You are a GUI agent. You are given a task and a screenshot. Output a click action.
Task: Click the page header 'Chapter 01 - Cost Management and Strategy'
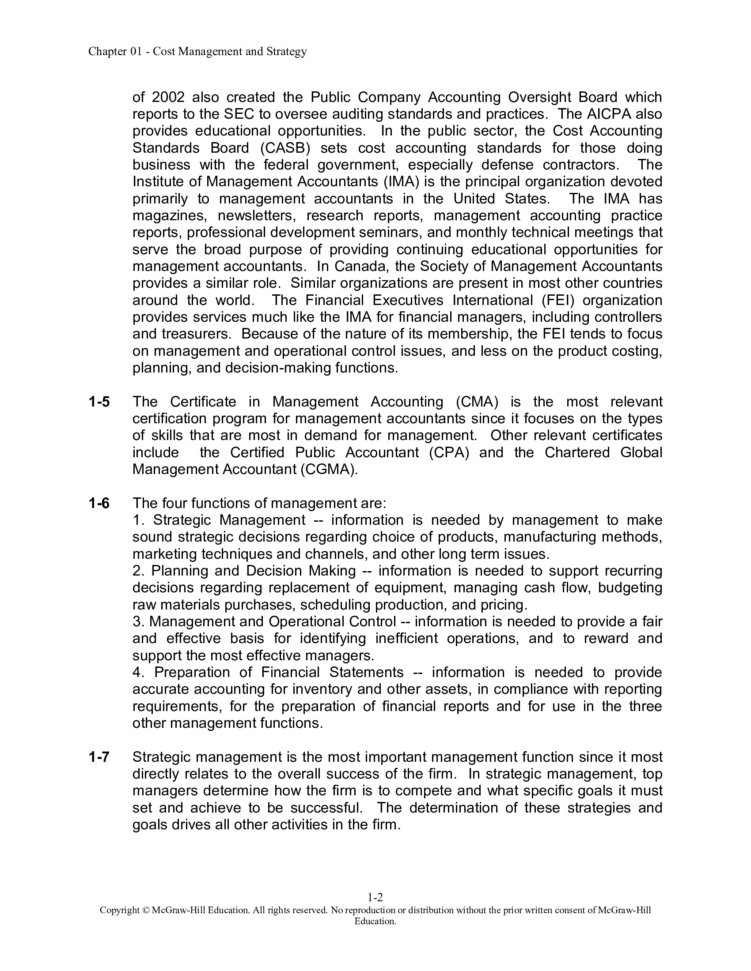[x=197, y=52]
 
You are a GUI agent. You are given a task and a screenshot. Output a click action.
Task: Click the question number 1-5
[x=99, y=402]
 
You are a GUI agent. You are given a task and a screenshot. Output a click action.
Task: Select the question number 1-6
[x=99, y=503]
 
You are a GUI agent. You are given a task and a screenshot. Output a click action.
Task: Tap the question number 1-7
[x=99, y=757]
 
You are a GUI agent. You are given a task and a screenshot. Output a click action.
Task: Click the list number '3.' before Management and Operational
[x=137, y=621]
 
